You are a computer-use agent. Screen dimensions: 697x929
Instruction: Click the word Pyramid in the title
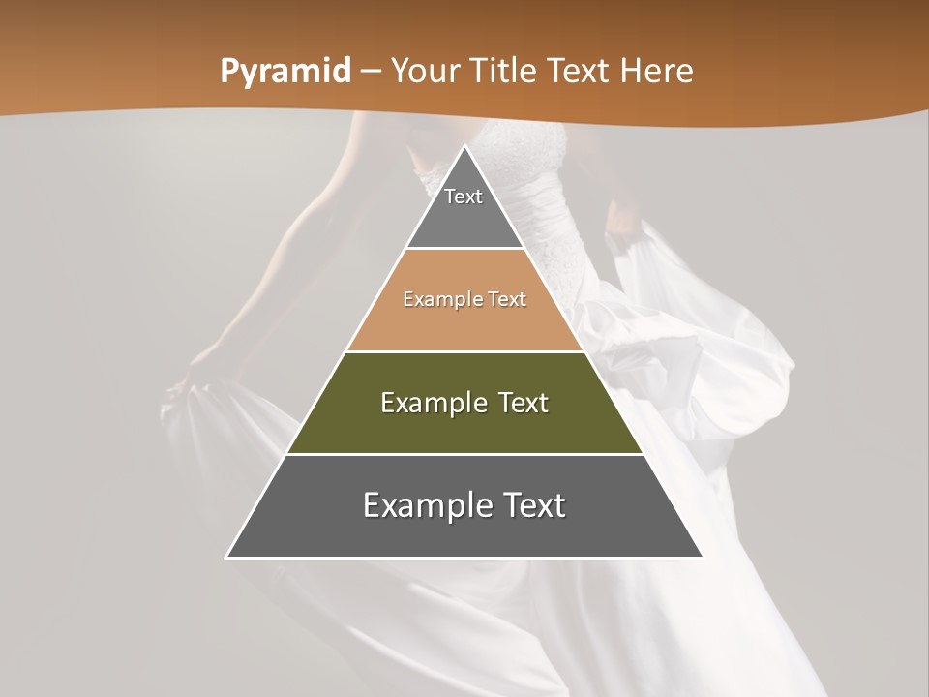pyautogui.click(x=285, y=72)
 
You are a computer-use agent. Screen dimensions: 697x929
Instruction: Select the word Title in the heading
pyautogui.click(x=507, y=72)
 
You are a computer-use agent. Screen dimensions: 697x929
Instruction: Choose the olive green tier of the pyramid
pyautogui.click(x=464, y=426)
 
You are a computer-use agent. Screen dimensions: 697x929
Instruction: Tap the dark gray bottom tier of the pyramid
pyautogui.click(x=464, y=530)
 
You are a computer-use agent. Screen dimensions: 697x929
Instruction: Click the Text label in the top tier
pyautogui.click(x=464, y=197)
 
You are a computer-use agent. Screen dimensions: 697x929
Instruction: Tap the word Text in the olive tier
pyautogui.click(x=524, y=403)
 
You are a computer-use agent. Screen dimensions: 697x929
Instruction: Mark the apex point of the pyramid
pyautogui.click(x=464, y=146)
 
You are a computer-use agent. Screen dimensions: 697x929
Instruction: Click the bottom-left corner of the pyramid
pyautogui.click(x=226, y=557)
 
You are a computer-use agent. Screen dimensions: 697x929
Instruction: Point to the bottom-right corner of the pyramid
pyautogui.click(x=703, y=557)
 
